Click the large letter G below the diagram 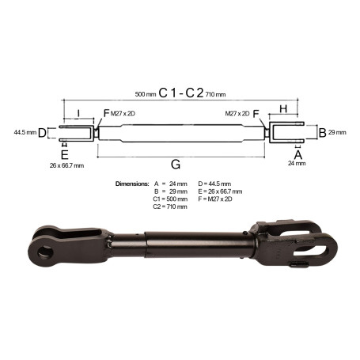176,164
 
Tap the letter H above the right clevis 283,108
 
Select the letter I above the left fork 78,113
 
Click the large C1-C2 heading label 181,93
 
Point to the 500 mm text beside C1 146,94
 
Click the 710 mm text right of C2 215,94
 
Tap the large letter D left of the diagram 42,133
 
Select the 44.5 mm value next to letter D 25,132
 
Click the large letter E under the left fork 65,154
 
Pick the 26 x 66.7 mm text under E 66,165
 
